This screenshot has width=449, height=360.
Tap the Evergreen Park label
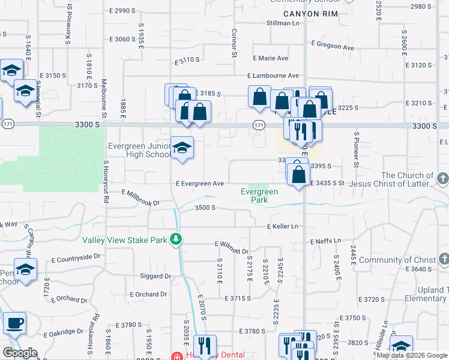[259, 196]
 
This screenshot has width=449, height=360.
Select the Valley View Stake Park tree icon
[175, 239]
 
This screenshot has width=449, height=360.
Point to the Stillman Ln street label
[283, 23]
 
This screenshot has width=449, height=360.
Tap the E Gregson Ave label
[333, 46]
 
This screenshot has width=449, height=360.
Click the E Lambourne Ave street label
[273, 76]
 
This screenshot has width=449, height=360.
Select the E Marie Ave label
[270, 58]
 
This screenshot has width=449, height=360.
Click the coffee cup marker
[15, 323]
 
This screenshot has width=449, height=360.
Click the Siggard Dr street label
[155, 276]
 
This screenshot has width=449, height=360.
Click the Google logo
[20, 353]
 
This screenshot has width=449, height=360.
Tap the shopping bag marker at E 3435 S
[298, 175]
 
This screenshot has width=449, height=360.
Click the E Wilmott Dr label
[232, 246]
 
